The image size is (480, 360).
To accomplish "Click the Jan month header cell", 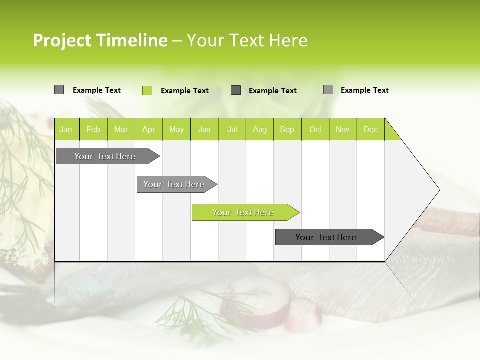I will click(x=66, y=129).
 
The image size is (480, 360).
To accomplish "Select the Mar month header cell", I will click(x=121, y=129).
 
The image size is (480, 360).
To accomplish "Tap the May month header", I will click(x=176, y=129).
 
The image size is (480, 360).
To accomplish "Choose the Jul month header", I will click(x=232, y=129).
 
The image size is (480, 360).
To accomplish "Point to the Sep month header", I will click(x=287, y=129).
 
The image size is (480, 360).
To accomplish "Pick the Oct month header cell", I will click(x=315, y=129).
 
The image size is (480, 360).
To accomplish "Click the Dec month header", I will click(x=370, y=129).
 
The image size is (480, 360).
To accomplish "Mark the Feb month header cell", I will click(x=93, y=129).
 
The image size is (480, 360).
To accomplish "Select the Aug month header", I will click(x=259, y=129).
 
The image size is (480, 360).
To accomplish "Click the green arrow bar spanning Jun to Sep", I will click(x=242, y=212).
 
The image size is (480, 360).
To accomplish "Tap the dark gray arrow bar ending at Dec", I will click(x=326, y=237).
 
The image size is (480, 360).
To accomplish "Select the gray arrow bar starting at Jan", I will click(x=105, y=156).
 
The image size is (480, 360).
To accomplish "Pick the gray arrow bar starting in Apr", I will click(x=174, y=184).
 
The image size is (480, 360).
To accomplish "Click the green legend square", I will click(x=147, y=90).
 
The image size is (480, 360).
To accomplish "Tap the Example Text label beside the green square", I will click(x=185, y=91).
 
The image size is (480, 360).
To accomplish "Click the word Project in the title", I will click(x=62, y=40).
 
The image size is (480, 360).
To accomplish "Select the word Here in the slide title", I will click(x=288, y=40).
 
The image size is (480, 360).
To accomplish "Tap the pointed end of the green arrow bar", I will click(x=298, y=212).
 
